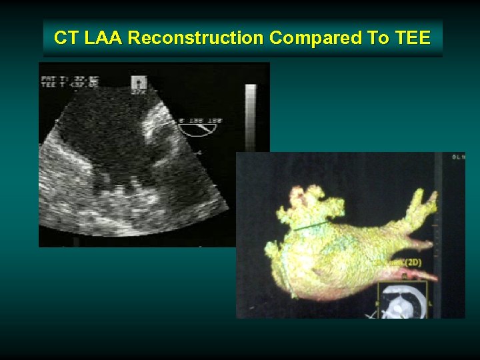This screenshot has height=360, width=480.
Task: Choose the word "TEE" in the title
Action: [413, 38]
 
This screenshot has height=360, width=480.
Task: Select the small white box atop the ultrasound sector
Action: [139, 82]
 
